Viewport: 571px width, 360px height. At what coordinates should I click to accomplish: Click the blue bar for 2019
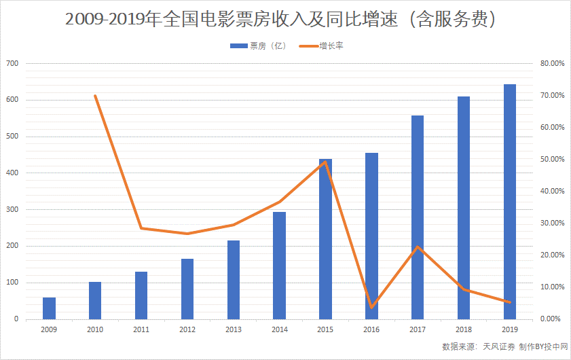click(x=509, y=202)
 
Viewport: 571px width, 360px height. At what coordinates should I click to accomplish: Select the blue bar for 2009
click(x=49, y=308)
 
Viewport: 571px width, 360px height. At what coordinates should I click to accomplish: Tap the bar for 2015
click(x=325, y=239)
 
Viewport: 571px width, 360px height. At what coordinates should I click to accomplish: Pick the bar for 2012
click(x=187, y=289)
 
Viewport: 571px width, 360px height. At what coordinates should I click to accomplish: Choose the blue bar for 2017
click(x=418, y=217)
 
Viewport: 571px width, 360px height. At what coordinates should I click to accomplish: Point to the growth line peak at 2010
click(x=95, y=96)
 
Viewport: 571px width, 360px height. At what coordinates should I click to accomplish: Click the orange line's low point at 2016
click(x=371, y=307)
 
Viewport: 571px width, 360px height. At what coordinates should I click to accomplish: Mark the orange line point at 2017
click(x=418, y=247)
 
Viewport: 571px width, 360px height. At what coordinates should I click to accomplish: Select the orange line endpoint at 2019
click(x=509, y=302)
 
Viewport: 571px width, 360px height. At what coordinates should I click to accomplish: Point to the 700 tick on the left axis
click(x=12, y=63)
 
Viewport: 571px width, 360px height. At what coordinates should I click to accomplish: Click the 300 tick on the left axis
click(x=12, y=210)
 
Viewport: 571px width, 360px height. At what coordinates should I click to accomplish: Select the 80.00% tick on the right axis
click(x=551, y=63)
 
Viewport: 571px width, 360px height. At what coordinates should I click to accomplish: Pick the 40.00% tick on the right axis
click(x=551, y=191)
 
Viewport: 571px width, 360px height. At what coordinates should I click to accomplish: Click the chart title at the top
click(x=285, y=20)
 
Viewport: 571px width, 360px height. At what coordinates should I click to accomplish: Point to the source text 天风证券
click(x=498, y=346)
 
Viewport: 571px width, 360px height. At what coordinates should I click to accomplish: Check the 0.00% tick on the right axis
click(x=553, y=319)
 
